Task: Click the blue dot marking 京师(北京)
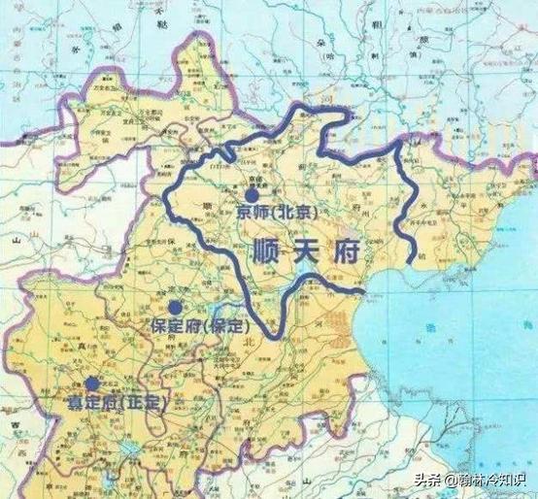click(x=251, y=194)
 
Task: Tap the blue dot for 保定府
click(x=175, y=307)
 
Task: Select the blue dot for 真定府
click(x=92, y=383)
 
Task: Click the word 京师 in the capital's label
click(x=250, y=212)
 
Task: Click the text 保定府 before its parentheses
click(x=171, y=326)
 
